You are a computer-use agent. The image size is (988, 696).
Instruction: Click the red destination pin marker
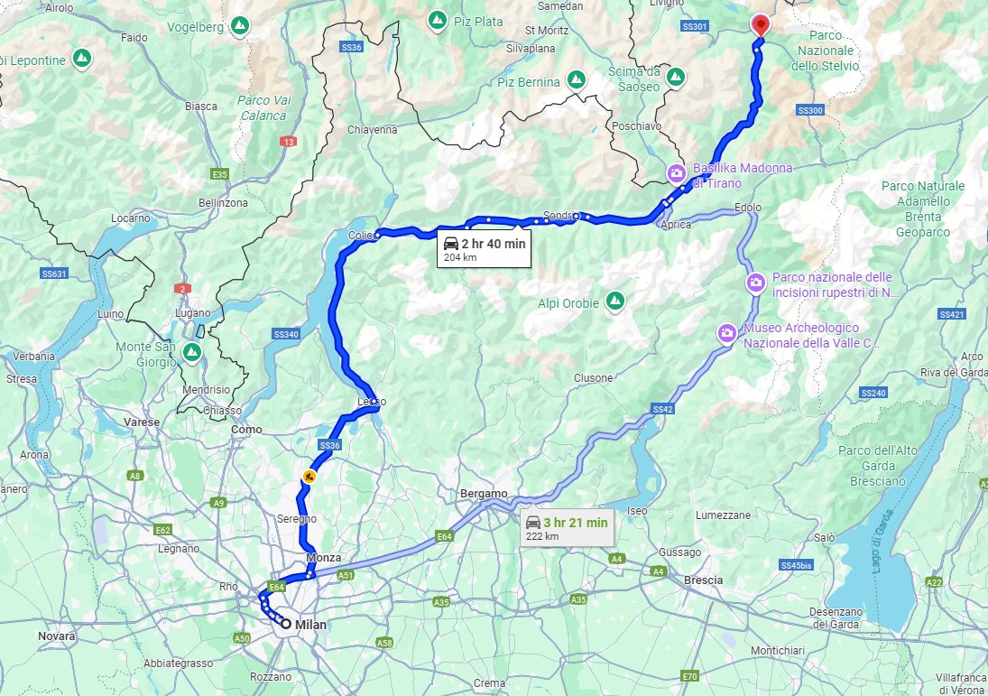(760, 24)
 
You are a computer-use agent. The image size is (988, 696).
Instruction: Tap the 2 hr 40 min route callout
(483, 248)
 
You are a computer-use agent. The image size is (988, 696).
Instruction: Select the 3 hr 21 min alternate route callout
(566, 527)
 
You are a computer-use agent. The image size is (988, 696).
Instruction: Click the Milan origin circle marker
(286, 624)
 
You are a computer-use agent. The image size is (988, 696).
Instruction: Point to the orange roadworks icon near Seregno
(309, 477)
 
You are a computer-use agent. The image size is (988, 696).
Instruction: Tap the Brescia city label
(703, 580)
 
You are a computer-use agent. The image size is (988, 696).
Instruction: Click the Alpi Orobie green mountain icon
(615, 299)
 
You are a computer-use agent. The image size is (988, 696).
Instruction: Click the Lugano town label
(193, 312)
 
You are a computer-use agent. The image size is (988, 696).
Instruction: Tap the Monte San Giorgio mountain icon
(192, 351)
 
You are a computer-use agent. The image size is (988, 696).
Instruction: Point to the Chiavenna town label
(372, 129)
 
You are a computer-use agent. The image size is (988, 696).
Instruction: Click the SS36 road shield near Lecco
(329, 445)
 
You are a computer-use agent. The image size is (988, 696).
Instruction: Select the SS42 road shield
(662, 409)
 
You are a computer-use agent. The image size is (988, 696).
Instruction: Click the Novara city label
(57, 636)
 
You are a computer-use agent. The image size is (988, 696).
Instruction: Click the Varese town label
(142, 422)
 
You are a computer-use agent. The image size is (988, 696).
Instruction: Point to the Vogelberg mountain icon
(239, 26)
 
